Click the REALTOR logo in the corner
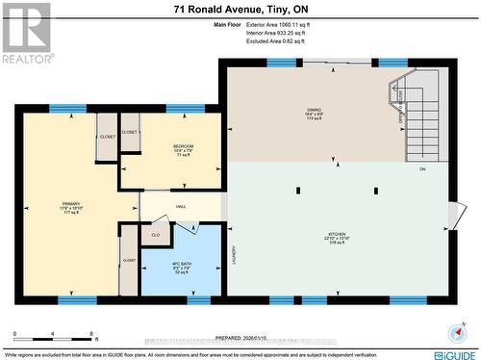[26, 33]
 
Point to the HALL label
[180, 206]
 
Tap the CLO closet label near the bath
[155, 233]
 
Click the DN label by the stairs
[421, 169]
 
